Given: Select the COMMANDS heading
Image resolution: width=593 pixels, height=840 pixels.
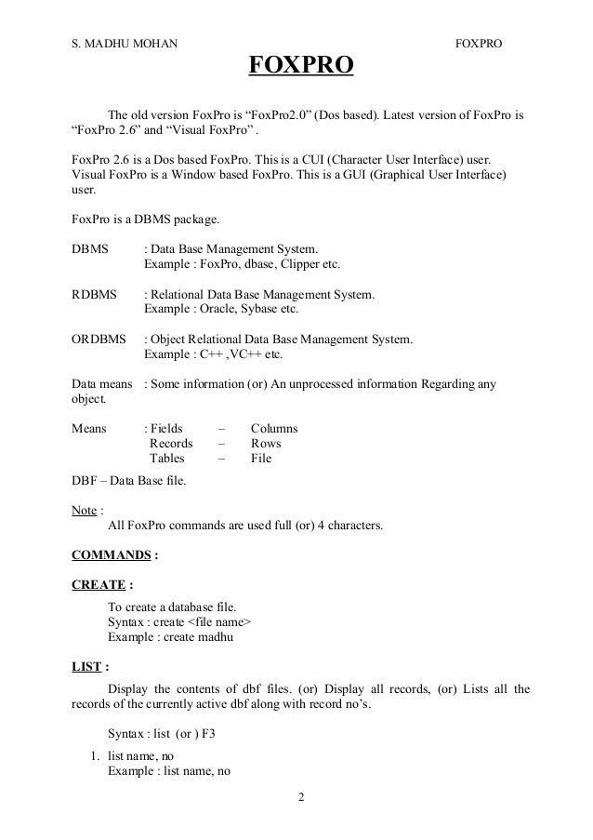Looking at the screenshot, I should (x=111, y=555).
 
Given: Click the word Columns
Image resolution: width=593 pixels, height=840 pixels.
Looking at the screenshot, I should (x=274, y=429).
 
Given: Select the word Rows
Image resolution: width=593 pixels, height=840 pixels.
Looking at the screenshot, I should (x=266, y=444).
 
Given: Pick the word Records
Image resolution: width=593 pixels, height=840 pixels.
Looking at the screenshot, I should (x=171, y=444).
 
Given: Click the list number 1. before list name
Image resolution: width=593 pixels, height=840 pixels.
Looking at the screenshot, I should (x=95, y=756).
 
